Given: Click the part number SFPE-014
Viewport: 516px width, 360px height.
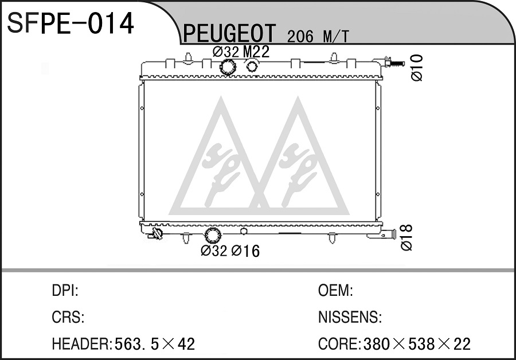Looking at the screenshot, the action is pyautogui.click(x=71, y=23).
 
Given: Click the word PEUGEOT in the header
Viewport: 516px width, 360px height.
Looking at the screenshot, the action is pyautogui.click(x=229, y=33).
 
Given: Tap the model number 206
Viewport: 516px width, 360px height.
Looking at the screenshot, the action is pyautogui.click(x=300, y=37).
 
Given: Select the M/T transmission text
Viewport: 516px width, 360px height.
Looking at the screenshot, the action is pyautogui.click(x=335, y=37).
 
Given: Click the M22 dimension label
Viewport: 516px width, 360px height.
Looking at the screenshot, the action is pyautogui.click(x=256, y=52).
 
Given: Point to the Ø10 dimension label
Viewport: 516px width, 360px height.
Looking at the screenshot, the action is pyautogui.click(x=417, y=68).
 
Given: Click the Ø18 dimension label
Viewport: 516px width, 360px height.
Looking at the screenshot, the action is pyautogui.click(x=406, y=237).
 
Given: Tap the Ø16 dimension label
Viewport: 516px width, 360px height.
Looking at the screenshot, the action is pyautogui.click(x=245, y=251).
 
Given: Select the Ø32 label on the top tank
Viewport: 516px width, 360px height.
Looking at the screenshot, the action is pyautogui.click(x=226, y=52).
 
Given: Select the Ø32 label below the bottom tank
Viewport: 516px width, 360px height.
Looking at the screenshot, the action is pyautogui.click(x=214, y=251).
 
